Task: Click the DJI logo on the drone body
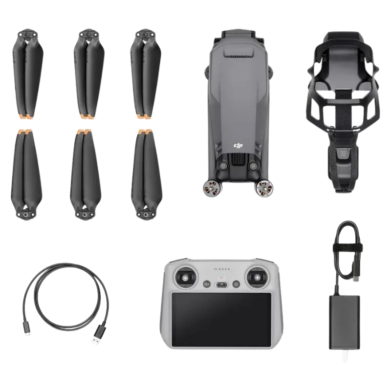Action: coord(239,146)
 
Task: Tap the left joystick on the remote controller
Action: coord(186,277)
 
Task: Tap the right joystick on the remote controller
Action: coord(257,277)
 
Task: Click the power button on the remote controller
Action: coord(236,284)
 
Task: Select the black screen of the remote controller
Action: coord(221,320)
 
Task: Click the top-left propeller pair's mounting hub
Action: coord(27,35)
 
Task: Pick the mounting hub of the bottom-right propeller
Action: coord(145,214)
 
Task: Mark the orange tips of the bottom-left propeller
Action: coord(25,131)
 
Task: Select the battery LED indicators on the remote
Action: coord(221,269)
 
